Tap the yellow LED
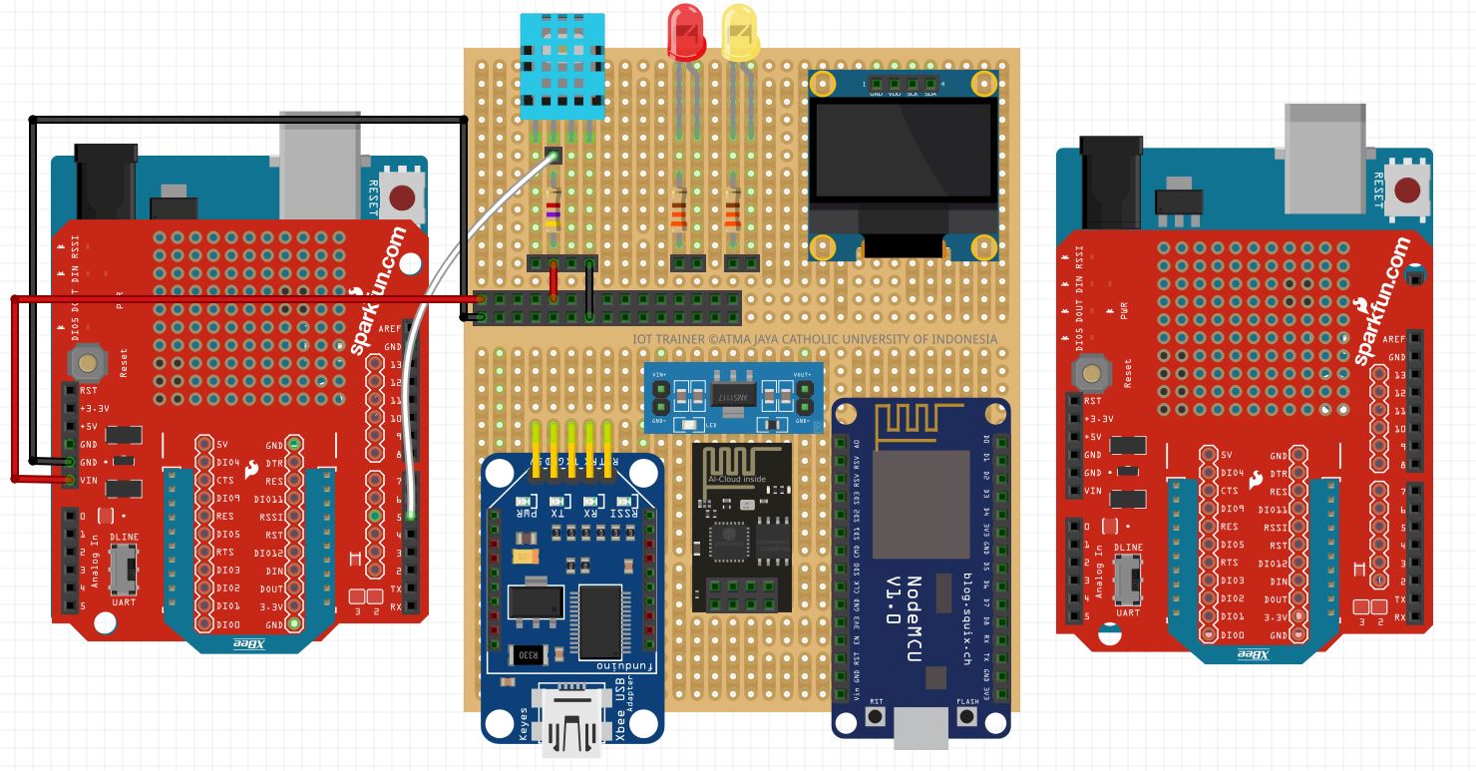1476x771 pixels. (x=740, y=33)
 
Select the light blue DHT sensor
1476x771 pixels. (x=562, y=66)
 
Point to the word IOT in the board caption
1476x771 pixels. (x=644, y=339)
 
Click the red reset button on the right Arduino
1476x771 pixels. (x=1409, y=190)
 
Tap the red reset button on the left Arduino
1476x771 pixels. (x=403, y=196)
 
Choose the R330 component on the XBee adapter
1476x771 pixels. (x=526, y=655)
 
